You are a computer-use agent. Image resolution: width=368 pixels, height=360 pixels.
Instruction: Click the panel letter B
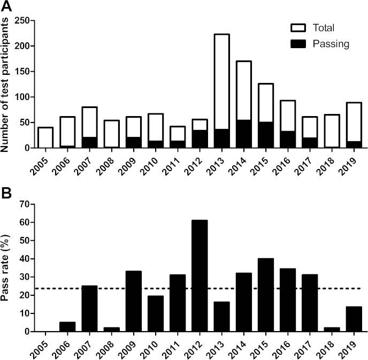[x=7, y=190]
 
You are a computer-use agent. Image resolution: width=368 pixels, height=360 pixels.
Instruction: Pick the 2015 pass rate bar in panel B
[x=266, y=295]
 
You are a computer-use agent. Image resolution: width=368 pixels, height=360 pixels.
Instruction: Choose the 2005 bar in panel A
[x=45, y=137]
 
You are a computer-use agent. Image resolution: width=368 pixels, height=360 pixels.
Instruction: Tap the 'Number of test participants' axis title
[x=7, y=85]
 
